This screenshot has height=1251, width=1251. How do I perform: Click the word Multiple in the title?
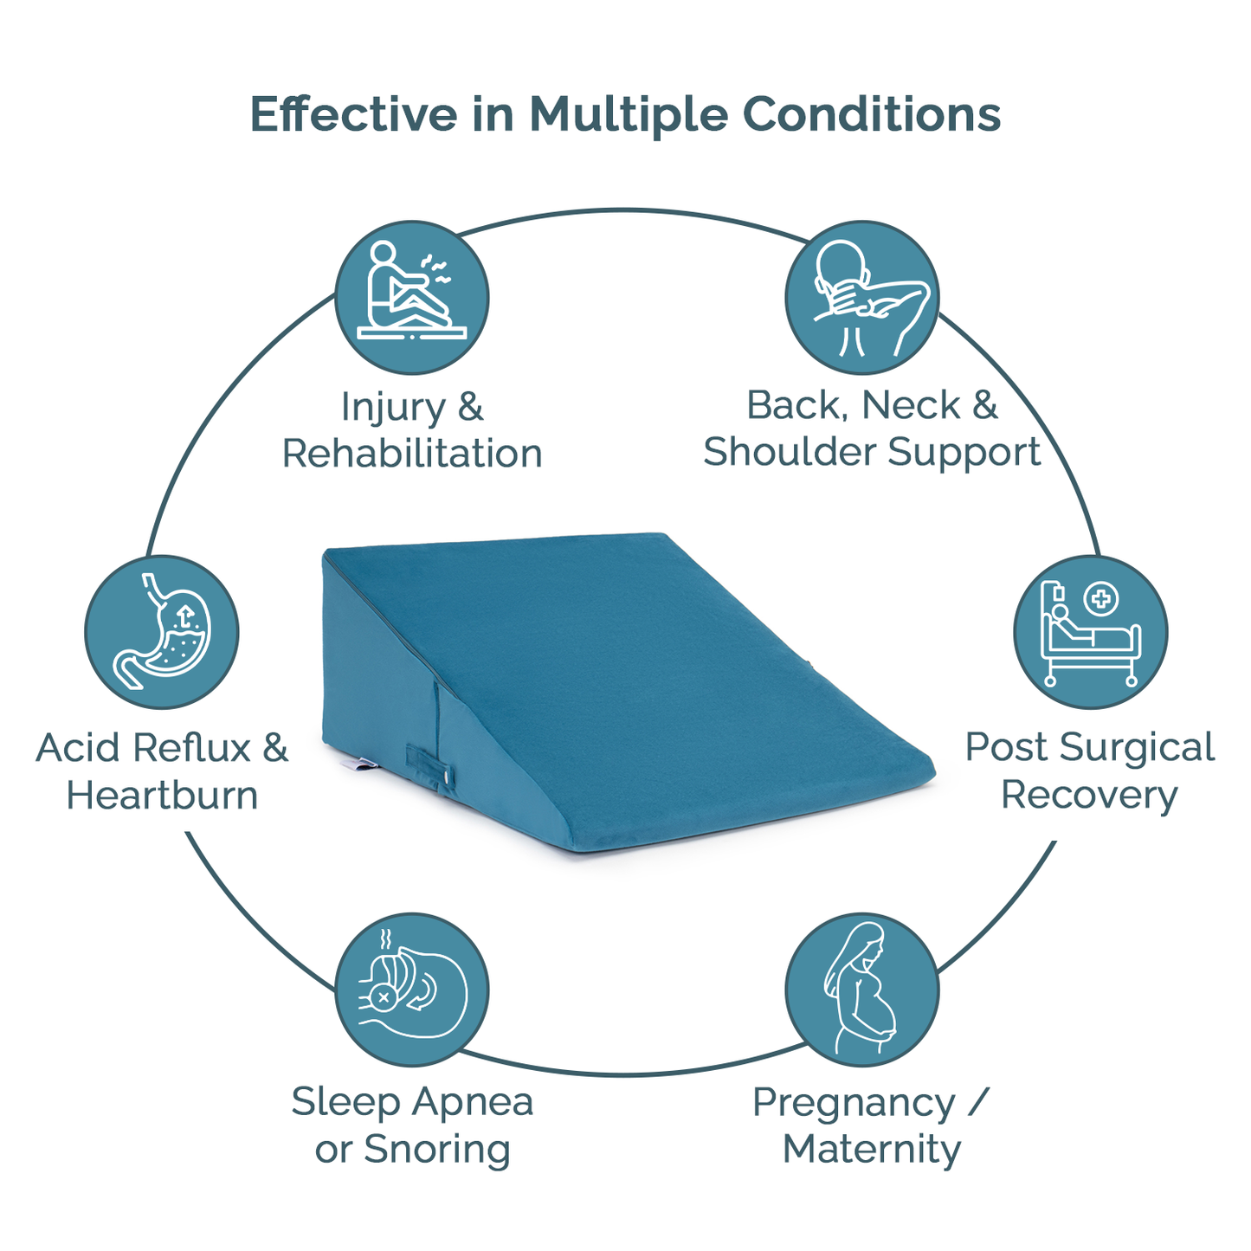coord(628,114)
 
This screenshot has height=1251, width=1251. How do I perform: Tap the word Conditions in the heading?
coord(871,114)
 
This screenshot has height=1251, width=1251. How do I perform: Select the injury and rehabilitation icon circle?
coord(412,297)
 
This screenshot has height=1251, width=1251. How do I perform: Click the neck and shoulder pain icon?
coord(862,297)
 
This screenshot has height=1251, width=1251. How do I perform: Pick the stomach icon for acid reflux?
coord(162,632)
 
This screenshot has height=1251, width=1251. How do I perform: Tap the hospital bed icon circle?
coord(1090,632)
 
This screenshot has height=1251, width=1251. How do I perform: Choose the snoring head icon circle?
coord(412,990)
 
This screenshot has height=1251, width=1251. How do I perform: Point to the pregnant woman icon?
coord(862,990)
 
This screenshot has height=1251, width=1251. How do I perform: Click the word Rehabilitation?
coord(412,454)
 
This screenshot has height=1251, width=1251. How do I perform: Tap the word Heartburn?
coord(162,795)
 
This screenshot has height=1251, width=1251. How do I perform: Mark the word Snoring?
coord(437,1149)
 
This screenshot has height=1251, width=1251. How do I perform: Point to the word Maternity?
coord(871,1149)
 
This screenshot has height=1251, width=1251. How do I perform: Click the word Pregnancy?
coord(854,1103)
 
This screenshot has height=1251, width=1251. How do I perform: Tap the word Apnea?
coord(472,1102)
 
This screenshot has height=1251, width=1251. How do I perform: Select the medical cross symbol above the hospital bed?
coord(1100,598)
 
